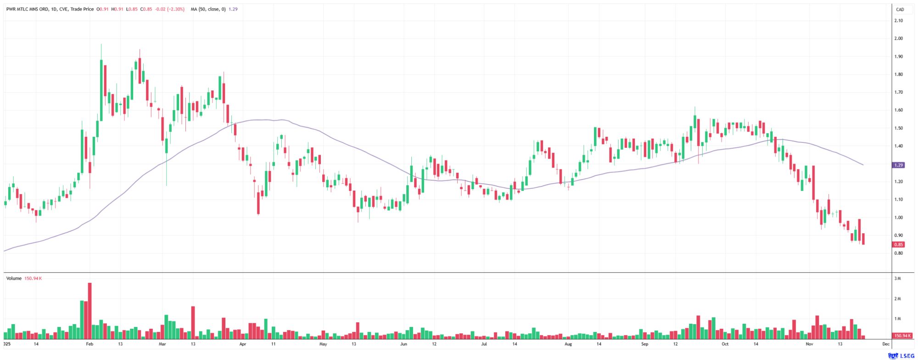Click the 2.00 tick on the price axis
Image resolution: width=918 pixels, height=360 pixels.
click(898, 39)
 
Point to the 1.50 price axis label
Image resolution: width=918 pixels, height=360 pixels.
click(898, 128)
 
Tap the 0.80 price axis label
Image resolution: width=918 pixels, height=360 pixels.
click(898, 253)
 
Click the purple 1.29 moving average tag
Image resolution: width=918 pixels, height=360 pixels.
click(899, 165)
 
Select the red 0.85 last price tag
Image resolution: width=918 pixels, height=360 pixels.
click(899, 245)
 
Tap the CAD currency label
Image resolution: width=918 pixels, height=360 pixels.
click(900, 9)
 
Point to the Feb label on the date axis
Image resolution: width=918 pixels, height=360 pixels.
click(90, 344)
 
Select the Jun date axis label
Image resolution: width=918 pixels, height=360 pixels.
click(403, 344)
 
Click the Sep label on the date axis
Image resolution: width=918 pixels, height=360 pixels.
click(644, 344)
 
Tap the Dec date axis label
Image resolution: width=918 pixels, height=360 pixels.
click(886, 344)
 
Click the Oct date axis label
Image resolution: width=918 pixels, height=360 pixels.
click(725, 344)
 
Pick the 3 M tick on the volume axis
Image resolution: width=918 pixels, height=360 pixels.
click(897, 279)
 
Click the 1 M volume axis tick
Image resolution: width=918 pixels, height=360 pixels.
click(897, 319)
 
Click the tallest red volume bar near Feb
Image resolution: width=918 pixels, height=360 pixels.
click(90, 312)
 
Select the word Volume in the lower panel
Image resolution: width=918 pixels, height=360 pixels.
click(14, 278)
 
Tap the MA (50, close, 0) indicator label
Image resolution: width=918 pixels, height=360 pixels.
click(208, 9)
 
